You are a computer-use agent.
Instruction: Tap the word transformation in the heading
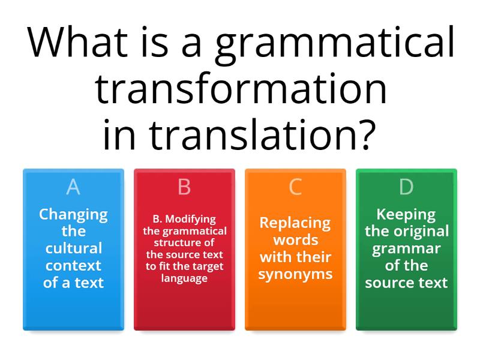241,89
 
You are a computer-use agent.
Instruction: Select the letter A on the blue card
73,187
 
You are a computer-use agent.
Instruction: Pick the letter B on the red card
184,187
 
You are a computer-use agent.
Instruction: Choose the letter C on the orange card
295,187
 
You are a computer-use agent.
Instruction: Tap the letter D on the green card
406,187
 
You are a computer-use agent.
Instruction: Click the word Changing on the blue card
73,214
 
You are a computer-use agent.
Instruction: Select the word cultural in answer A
73,248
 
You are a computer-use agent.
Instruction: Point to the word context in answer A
73,265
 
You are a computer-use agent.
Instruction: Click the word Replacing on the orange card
295,223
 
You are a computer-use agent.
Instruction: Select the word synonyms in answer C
295,274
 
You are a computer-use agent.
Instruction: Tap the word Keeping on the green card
406,214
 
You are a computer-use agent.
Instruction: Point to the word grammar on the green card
406,248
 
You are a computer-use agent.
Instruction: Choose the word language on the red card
184,278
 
